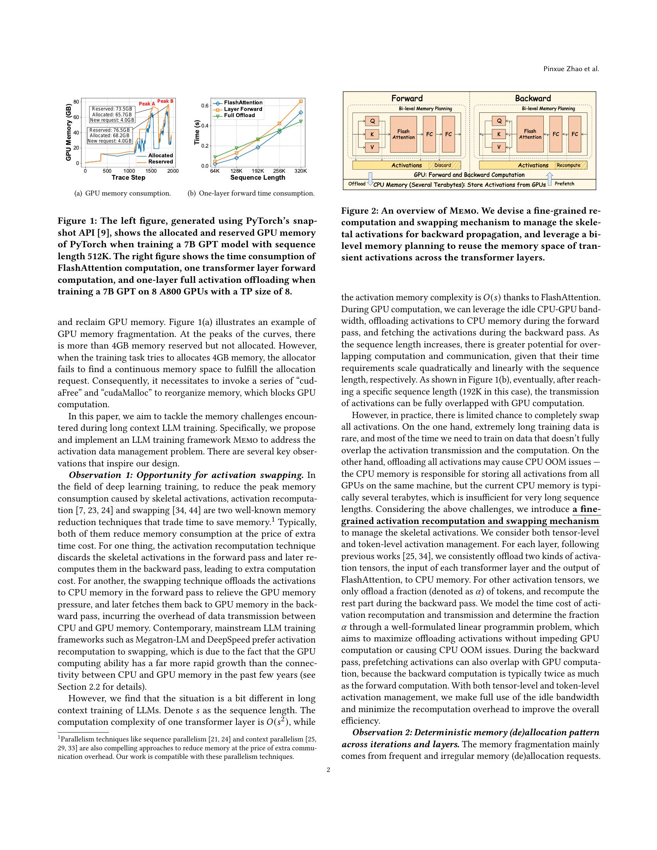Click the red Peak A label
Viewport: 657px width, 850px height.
point(147,104)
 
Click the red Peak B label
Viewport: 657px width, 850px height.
point(165,101)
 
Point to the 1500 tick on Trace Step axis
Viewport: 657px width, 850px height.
point(151,171)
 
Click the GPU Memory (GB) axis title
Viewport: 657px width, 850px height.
point(68,132)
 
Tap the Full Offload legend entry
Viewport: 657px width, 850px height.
point(239,115)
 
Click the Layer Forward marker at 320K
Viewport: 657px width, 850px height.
point(300,102)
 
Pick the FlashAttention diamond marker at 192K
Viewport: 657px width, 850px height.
point(258,148)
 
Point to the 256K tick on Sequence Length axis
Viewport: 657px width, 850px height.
point(279,171)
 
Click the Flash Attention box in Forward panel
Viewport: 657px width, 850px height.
point(403,134)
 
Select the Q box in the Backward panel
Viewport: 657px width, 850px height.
point(499,121)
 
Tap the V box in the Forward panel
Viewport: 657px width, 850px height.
point(372,147)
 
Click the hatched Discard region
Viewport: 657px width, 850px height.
point(444,165)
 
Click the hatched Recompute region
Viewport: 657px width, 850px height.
point(570,165)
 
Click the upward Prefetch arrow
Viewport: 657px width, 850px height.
point(550,179)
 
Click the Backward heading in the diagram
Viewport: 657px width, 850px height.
point(533,98)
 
